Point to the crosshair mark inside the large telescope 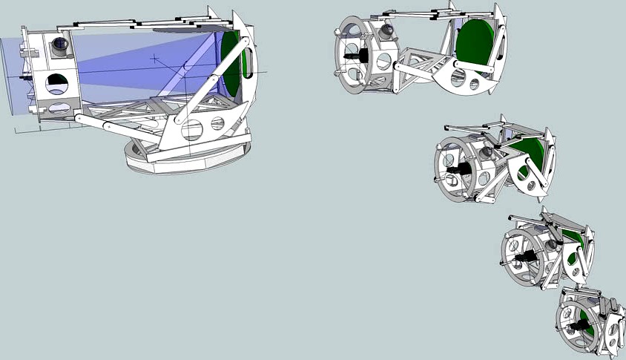click(x=155, y=59)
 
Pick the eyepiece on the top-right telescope click(x=387, y=30)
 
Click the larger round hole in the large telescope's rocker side click(x=193, y=131)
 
